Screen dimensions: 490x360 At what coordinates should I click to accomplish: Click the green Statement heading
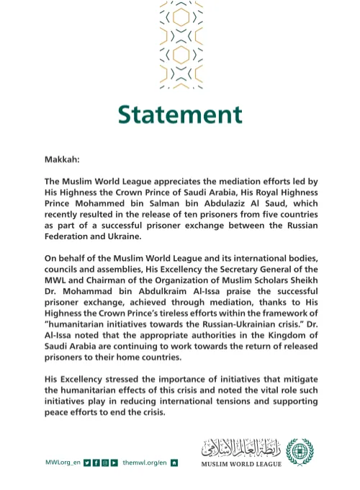click(x=179, y=114)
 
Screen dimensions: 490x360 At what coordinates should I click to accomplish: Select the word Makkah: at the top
click(x=63, y=156)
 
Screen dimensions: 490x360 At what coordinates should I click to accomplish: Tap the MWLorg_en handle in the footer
click(x=62, y=462)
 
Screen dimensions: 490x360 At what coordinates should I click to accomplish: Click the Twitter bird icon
click(x=87, y=462)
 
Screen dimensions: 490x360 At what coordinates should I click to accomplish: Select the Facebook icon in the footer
click(x=96, y=462)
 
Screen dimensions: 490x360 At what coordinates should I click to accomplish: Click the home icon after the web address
click(x=174, y=462)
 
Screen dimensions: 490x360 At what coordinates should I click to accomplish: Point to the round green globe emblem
click(x=300, y=453)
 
